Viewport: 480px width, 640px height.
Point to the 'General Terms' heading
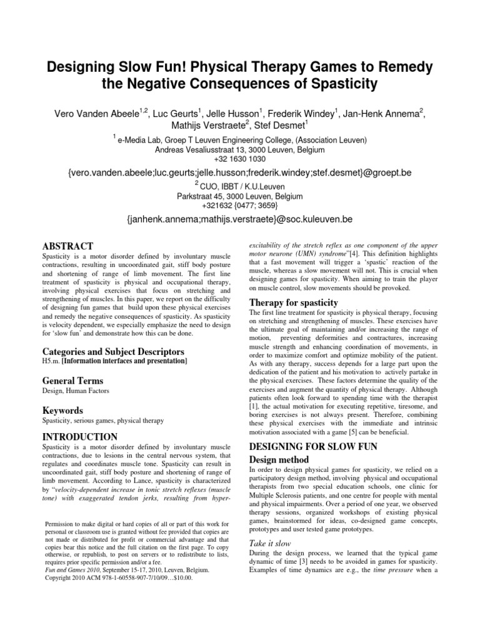click(72, 381)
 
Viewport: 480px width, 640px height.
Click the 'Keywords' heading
click(62, 411)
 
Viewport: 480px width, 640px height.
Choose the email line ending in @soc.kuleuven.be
click(239, 219)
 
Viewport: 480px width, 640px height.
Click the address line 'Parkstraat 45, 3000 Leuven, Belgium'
click(239, 196)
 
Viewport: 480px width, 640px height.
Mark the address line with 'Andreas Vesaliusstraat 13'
click(239, 150)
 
